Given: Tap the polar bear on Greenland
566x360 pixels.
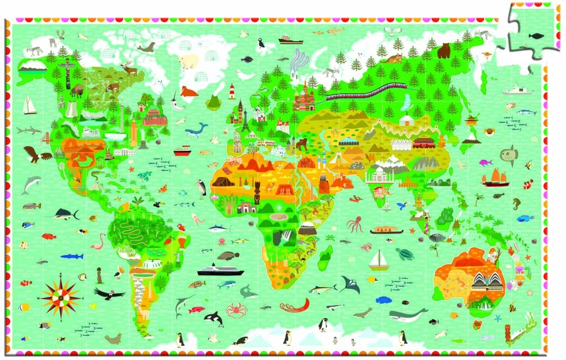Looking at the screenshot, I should (x=188, y=61).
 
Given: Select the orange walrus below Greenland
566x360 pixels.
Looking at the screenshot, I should (x=188, y=91).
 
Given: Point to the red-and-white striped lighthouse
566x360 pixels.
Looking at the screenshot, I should (x=232, y=90).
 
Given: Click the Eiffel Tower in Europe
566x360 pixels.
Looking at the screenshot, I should (x=245, y=123).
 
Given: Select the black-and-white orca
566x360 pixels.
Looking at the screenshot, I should (x=213, y=318).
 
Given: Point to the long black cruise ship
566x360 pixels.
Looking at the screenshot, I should (x=221, y=270).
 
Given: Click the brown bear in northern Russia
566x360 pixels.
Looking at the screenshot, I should (x=444, y=51).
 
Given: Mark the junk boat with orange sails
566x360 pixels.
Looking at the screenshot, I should (x=495, y=177).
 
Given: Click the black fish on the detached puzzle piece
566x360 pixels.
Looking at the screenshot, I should (x=536, y=35).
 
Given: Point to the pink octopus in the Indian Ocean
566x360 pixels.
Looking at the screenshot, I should (x=354, y=225).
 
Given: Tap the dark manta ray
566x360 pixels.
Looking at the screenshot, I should (x=349, y=285).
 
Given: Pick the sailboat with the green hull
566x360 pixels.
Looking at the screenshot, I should (x=379, y=259).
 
